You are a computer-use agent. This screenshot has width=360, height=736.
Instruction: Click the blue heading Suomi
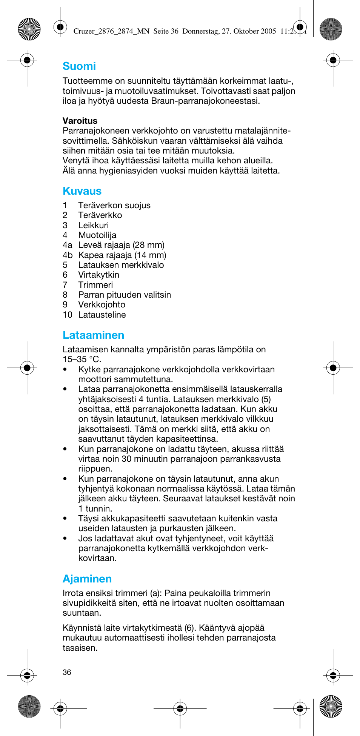point(79,66)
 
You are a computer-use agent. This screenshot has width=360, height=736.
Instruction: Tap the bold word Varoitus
point(80,121)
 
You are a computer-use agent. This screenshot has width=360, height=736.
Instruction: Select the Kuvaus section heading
point(82,191)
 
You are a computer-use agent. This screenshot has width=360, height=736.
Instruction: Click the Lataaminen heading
point(93,335)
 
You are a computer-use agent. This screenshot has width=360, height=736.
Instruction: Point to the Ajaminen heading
point(87,579)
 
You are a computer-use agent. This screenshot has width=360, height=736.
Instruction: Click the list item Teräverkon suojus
point(114,206)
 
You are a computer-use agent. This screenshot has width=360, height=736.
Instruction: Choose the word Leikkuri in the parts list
point(93,225)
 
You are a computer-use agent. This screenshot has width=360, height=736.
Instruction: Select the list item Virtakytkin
point(98,275)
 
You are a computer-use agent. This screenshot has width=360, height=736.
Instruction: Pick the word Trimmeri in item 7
point(95,285)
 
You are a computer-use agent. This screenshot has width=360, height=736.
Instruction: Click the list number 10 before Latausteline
point(67,315)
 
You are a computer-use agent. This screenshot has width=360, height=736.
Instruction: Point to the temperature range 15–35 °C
point(82,360)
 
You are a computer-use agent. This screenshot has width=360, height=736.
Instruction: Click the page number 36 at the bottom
point(67,672)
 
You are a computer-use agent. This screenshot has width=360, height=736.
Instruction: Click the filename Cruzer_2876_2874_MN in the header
point(111,31)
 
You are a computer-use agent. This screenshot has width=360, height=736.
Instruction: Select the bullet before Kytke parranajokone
point(65,370)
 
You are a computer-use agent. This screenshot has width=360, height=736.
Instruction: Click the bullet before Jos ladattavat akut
point(65,539)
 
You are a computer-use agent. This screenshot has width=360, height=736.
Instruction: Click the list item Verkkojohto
point(102,305)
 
